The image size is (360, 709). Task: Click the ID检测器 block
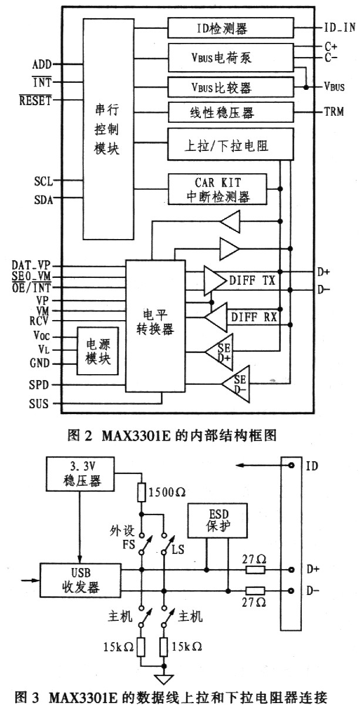(x=230, y=27)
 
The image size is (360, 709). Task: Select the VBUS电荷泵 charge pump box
(x=230, y=58)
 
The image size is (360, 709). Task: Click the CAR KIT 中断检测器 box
(x=217, y=189)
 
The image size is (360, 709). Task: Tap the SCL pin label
(x=43, y=181)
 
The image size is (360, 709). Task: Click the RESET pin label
(x=36, y=100)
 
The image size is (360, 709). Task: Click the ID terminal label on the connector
(x=311, y=466)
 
